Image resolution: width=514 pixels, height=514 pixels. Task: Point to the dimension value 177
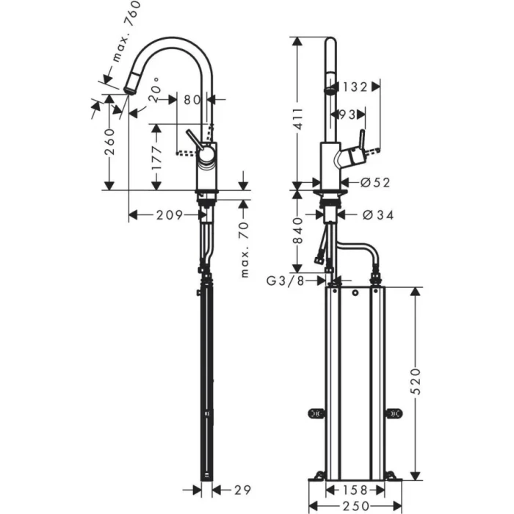pyautogui.click(x=156, y=156)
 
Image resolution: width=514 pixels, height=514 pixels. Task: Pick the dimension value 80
pyautogui.click(x=193, y=98)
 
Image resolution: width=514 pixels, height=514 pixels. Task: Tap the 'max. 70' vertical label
pyautogui.click(x=245, y=250)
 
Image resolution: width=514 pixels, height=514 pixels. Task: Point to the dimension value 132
pyautogui.click(x=355, y=87)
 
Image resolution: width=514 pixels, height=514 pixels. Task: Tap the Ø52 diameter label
pyautogui.click(x=375, y=183)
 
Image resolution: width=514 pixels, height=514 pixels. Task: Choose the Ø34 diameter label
pyautogui.click(x=378, y=215)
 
